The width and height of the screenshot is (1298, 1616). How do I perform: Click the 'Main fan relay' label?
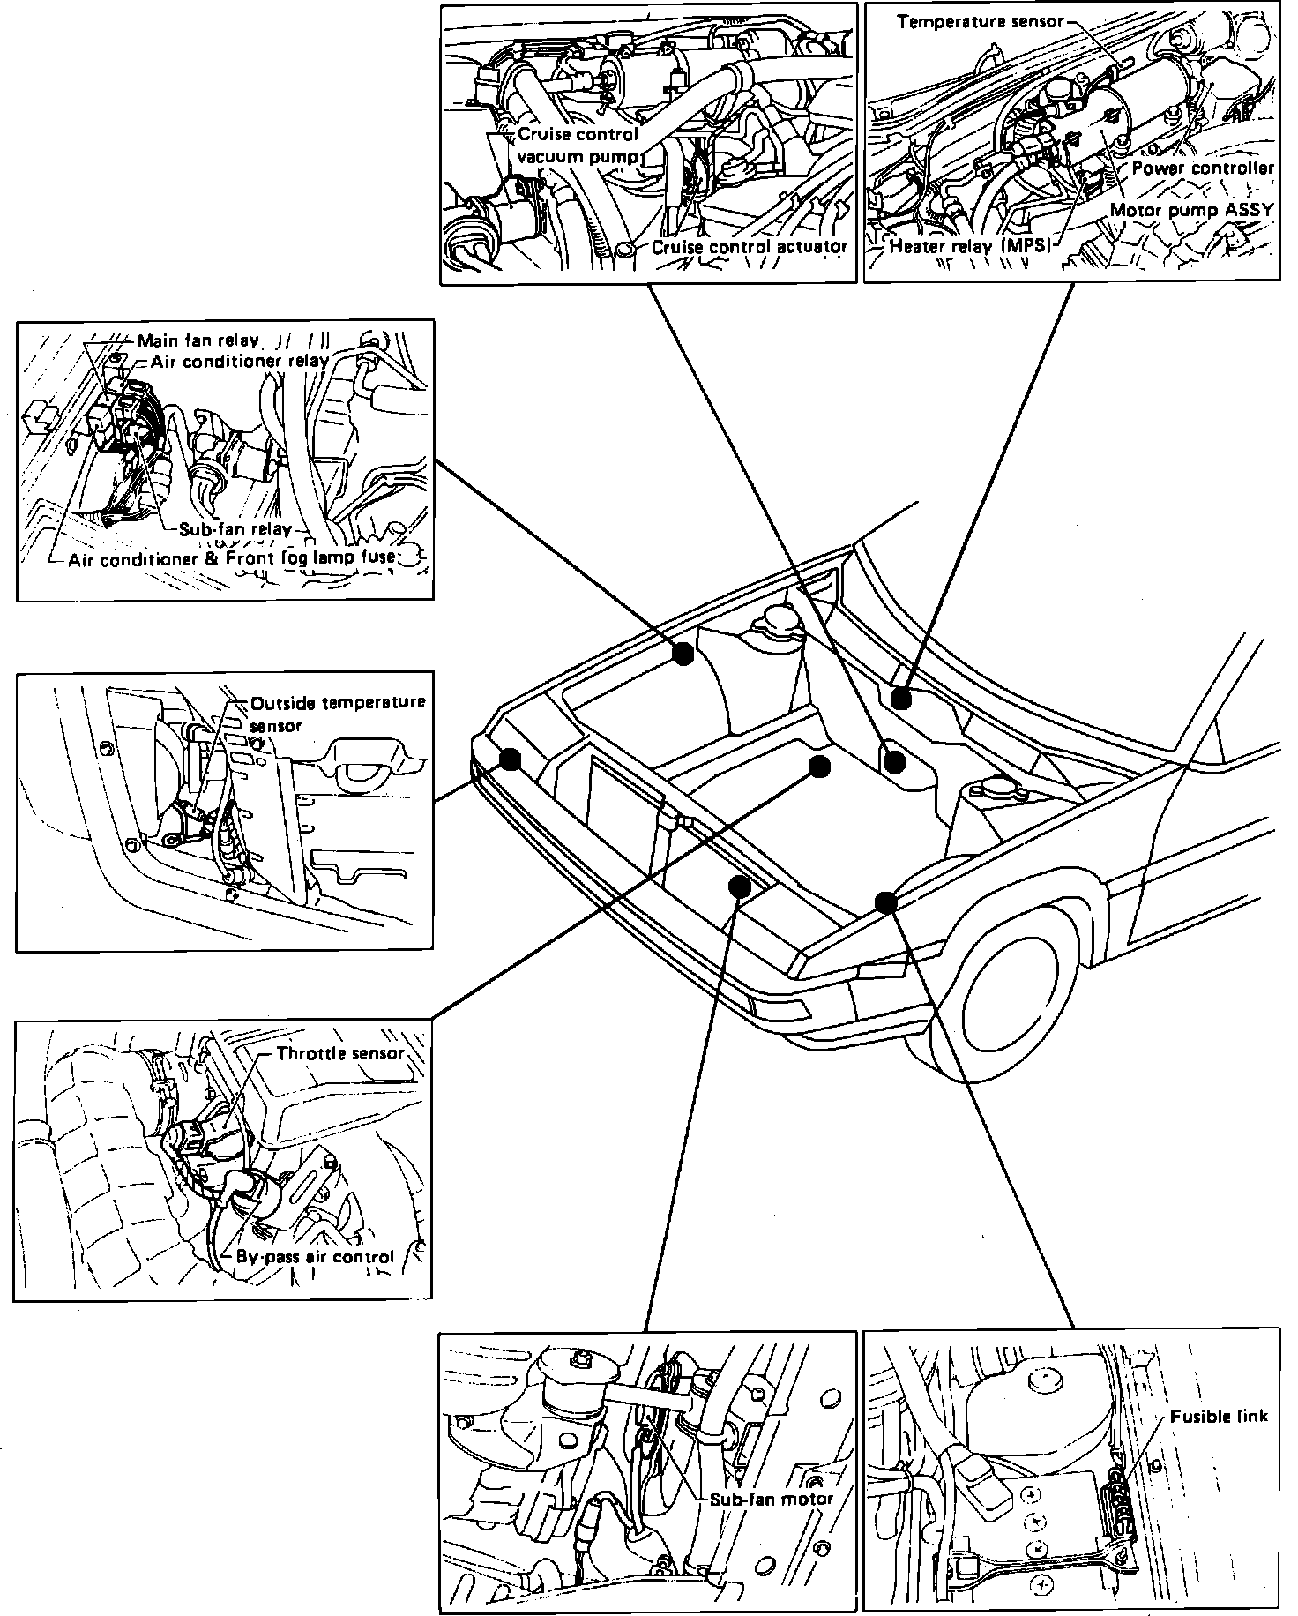[x=198, y=340]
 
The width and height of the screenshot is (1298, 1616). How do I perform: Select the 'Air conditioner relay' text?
[x=239, y=361]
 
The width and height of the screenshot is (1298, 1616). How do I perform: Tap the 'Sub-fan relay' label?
[x=235, y=529]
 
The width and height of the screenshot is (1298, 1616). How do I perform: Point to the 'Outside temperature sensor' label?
[x=338, y=714]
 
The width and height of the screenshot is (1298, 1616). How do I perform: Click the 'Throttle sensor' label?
[x=339, y=1053]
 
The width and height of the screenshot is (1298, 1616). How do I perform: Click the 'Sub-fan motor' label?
[x=771, y=1498]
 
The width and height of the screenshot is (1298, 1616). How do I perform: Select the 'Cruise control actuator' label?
[x=750, y=247]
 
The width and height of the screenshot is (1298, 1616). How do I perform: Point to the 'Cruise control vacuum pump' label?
[x=578, y=146]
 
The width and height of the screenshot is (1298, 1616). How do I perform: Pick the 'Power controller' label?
[x=1203, y=168]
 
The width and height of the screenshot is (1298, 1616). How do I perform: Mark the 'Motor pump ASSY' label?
[x=1191, y=210]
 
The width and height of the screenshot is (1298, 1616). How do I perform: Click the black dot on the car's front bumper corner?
[x=510, y=759]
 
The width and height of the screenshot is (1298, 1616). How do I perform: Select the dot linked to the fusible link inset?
[x=886, y=902]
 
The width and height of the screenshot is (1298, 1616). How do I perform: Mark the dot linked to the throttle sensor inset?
[x=820, y=767]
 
